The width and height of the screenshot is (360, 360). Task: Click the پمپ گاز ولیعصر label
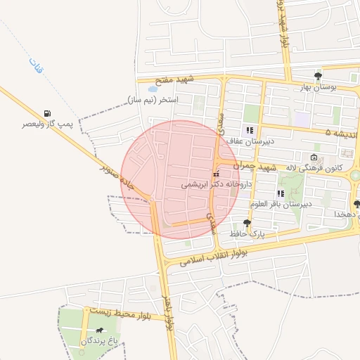pyautogui.click(x=48, y=124)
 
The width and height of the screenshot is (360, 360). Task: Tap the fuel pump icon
pyautogui.click(x=47, y=112)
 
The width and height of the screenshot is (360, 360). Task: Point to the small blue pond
pyautogui.click(x=153, y=89)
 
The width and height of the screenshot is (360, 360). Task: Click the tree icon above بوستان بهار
pyautogui.click(x=318, y=75)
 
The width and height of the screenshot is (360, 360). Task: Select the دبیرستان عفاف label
pyautogui.click(x=249, y=141)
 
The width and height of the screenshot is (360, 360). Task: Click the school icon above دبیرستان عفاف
pyautogui.click(x=249, y=129)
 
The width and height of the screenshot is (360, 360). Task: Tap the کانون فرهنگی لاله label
pyautogui.click(x=314, y=168)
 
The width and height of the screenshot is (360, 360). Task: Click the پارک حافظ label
pyautogui.click(x=247, y=233)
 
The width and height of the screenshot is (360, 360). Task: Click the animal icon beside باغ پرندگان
pyautogui.click(x=101, y=330)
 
